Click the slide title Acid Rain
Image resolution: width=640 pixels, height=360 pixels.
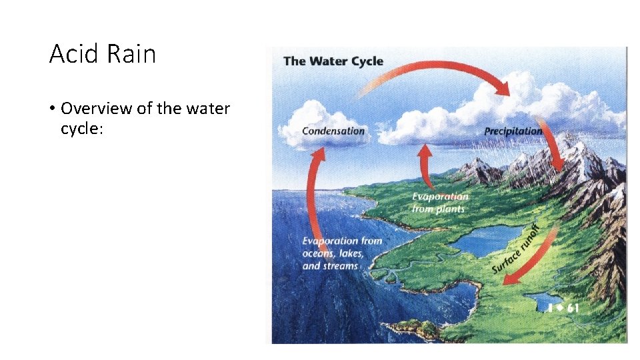coord(102,53)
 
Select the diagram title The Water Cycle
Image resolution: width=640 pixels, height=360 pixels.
coord(333,61)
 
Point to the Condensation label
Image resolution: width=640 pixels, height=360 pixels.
coord(333,131)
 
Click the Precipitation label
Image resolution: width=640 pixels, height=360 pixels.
coord(513,131)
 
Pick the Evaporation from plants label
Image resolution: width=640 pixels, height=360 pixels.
coord(439,203)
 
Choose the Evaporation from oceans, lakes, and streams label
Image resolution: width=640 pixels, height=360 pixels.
coord(342,253)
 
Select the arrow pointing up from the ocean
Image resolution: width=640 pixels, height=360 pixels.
coord(311,200)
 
